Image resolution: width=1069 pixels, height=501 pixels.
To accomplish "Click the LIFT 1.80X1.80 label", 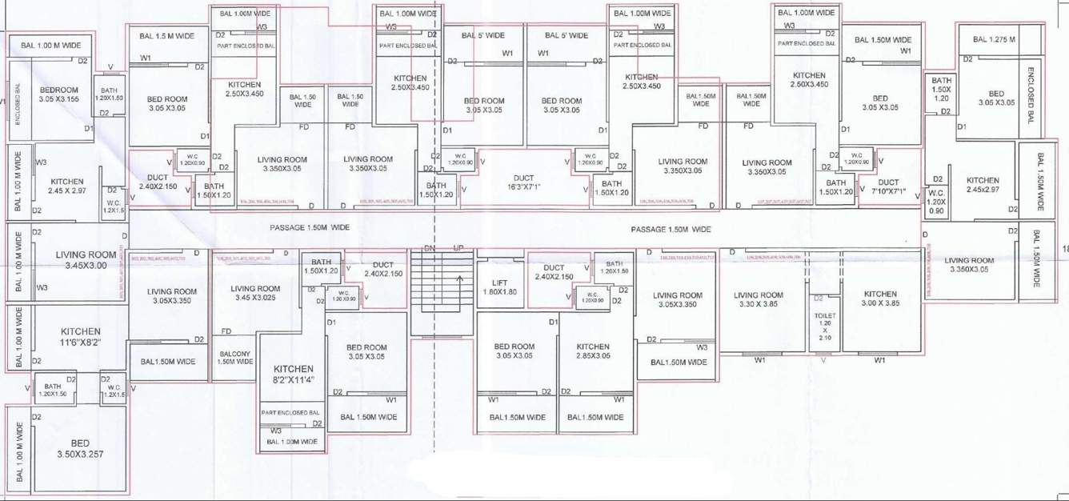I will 499,287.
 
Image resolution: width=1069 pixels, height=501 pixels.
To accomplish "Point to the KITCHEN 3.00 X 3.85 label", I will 880,299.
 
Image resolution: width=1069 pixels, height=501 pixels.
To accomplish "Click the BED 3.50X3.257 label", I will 80,448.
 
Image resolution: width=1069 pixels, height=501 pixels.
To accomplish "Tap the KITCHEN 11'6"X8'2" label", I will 80,337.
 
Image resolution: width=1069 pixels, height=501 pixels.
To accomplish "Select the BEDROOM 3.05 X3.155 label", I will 58,94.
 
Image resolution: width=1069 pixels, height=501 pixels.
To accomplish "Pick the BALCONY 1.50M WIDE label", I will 234,357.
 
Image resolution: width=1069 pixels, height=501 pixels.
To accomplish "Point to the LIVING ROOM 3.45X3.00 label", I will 86,260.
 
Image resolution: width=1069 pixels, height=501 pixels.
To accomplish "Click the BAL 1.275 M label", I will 994,39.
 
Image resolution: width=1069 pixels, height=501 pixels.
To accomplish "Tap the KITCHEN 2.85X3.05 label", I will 594,351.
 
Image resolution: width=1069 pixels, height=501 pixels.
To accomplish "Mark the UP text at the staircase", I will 458,247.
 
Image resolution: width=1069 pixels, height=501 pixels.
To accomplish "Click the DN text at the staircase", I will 429,247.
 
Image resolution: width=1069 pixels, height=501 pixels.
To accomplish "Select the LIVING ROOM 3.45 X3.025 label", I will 255,293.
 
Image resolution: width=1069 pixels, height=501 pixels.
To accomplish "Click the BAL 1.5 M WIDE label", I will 166,36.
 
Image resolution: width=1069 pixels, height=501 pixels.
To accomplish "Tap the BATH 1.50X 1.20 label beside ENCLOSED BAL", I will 942,89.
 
